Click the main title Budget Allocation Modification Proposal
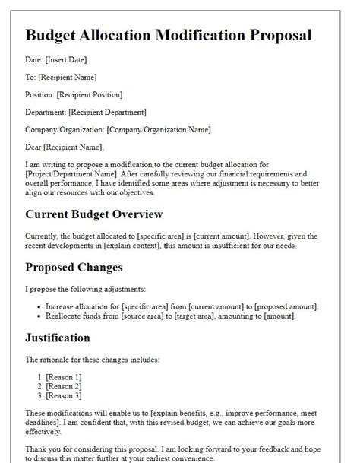tap(169, 35)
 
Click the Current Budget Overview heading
tap(94, 215)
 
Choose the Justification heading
tap(58, 338)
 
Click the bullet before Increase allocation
tap(38, 306)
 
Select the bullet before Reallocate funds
tap(38, 316)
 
